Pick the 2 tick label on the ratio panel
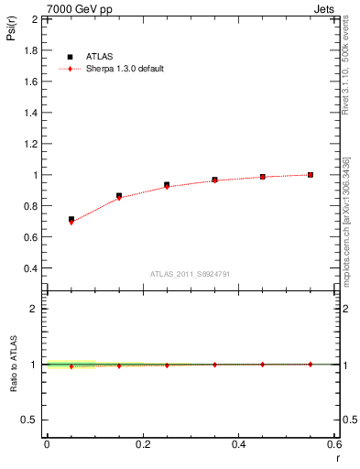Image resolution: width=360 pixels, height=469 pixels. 34,309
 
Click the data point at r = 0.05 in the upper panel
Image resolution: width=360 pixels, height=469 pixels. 71,220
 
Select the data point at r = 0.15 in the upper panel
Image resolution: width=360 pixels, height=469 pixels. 119,196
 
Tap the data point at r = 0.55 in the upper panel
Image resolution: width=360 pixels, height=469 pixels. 311,174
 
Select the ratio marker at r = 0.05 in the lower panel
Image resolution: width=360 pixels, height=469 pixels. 71,366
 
